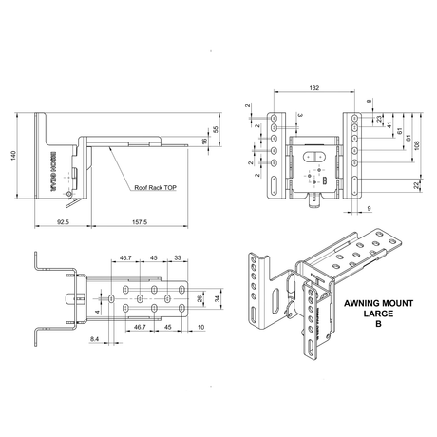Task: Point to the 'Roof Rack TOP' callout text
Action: [157, 188]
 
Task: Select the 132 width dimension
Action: [313, 88]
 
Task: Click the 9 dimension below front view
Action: [366, 207]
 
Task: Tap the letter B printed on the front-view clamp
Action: [324, 180]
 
